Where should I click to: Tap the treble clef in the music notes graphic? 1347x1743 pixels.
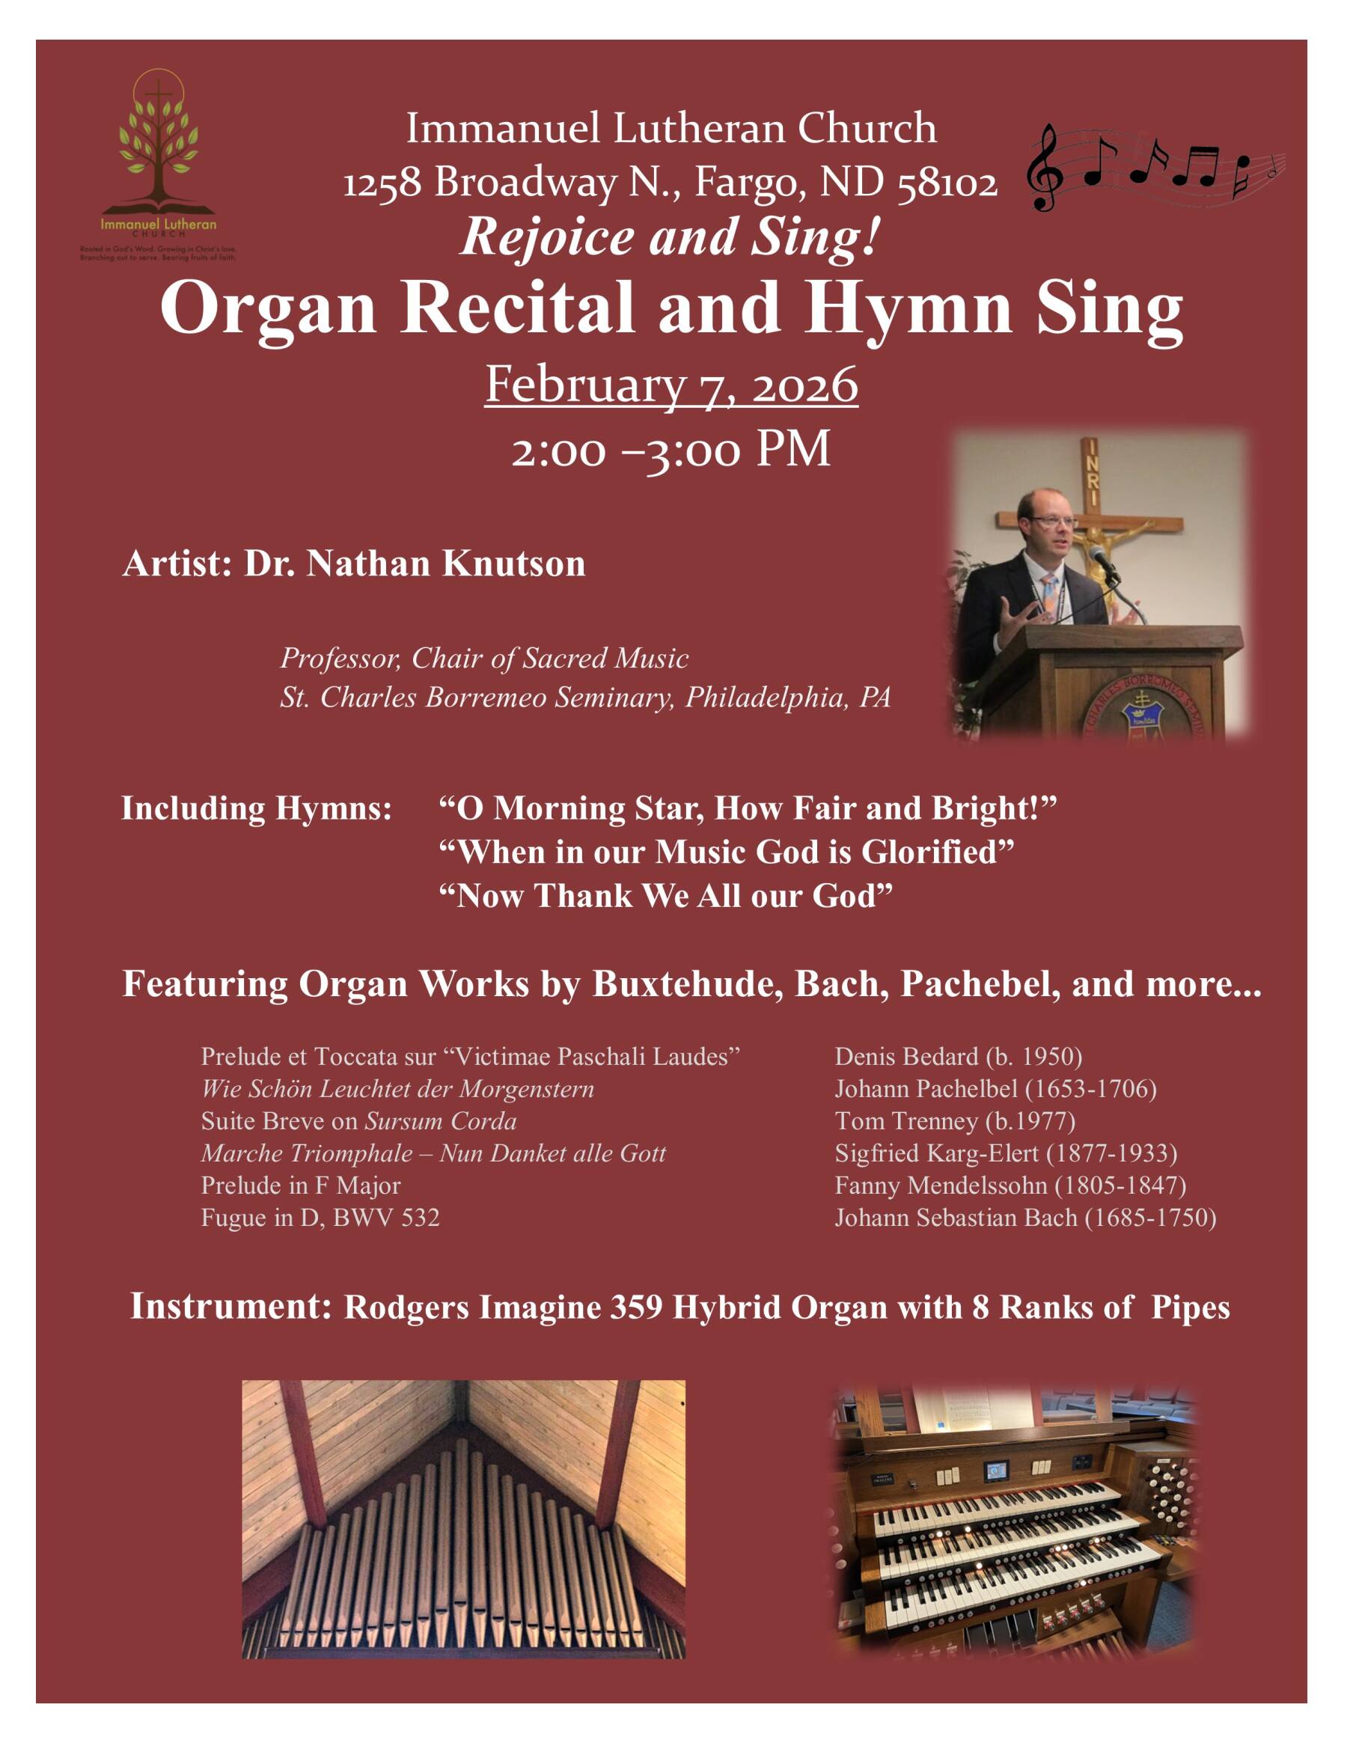(1045, 168)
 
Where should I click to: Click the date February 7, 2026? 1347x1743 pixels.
(671, 385)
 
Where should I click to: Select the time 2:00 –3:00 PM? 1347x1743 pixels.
(671, 449)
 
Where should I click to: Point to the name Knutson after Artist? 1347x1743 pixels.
(514, 564)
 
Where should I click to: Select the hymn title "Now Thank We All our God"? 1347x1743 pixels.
(665, 897)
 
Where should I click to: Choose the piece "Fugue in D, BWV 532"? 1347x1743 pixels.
(320, 1218)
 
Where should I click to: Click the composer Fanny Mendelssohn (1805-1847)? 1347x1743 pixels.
(1010, 1185)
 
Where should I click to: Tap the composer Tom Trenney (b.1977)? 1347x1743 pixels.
(954, 1121)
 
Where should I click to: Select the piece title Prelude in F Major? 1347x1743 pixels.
(301, 1185)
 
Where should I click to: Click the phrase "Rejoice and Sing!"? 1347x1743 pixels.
(671, 237)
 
